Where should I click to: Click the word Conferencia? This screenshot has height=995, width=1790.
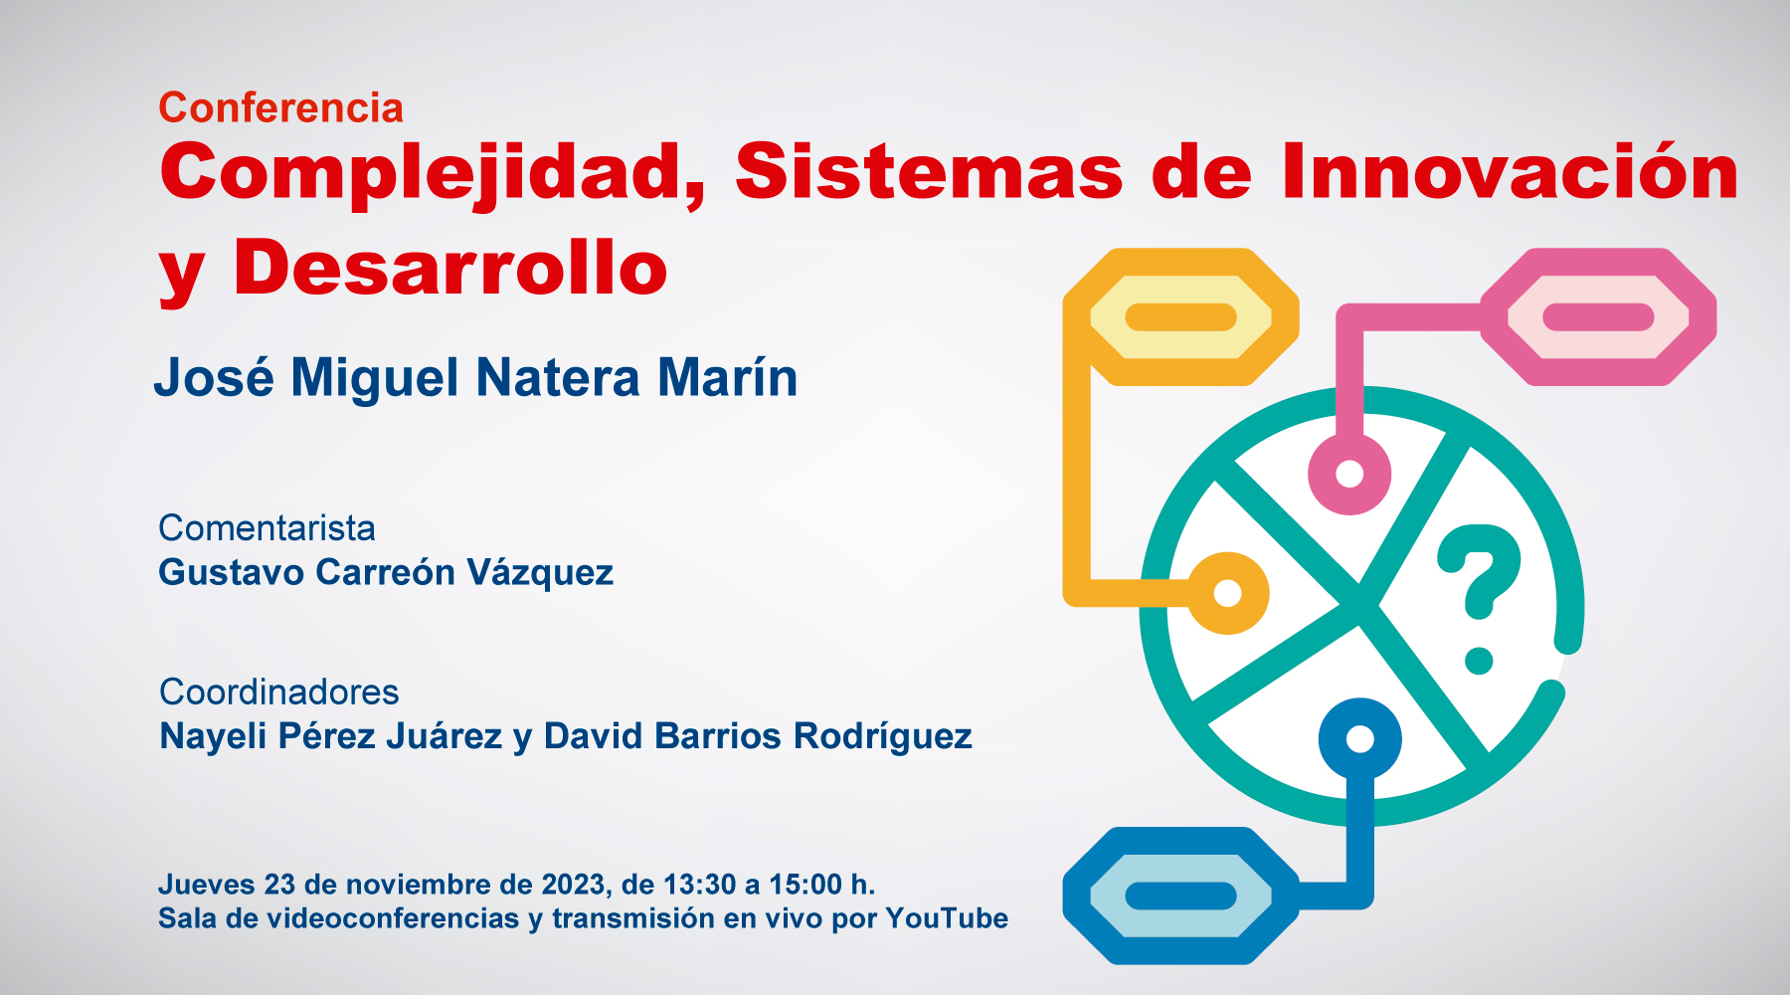(x=280, y=107)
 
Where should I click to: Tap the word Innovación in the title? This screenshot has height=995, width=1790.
(x=1510, y=171)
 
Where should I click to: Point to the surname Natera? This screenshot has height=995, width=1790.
(x=558, y=378)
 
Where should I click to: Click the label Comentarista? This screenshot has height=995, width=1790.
(x=267, y=527)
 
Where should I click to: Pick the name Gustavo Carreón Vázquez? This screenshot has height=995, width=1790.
(x=386, y=573)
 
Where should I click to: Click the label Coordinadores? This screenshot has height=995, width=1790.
(x=279, y=692)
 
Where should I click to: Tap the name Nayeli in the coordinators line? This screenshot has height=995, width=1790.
(x=213, y=737)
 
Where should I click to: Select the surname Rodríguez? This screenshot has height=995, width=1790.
(x=883, y=737)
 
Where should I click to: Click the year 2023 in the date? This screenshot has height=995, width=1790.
(x=573, y=885)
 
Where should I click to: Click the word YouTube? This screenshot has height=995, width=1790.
(x=947, y=918)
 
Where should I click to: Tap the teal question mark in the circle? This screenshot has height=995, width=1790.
(x=1480, y=597)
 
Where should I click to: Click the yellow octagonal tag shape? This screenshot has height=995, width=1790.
(x=1180, y=317)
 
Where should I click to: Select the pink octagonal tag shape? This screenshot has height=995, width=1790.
(x=1598, y=317)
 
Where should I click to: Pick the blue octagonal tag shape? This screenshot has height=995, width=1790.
(x=1180, y=895)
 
